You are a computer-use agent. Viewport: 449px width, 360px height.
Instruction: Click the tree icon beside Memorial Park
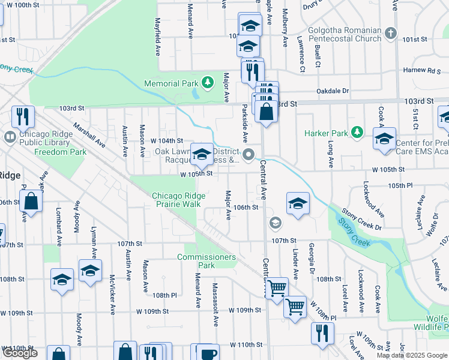pos(207,81)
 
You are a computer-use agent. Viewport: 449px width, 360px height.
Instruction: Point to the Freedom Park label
pos(60,152)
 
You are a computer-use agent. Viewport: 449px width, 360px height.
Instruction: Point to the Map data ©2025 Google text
pos(412,355)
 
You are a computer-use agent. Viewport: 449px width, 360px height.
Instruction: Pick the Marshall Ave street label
pos(89,136)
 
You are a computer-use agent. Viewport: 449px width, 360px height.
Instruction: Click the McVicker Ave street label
pos(112,294)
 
